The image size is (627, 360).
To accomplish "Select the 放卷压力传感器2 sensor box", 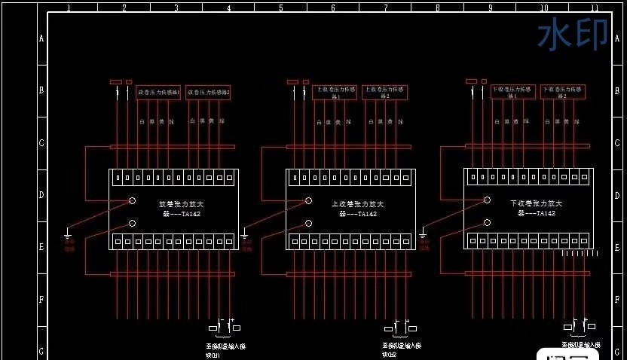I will point(208,93).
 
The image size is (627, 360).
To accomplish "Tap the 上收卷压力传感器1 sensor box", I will point(335,93).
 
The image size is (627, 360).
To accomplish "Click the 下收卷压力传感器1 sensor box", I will point(513,93).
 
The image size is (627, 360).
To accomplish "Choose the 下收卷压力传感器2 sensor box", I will point(563,93).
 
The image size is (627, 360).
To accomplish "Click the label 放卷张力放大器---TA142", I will point(181,209).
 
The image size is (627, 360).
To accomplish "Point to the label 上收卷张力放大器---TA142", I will point(357,209).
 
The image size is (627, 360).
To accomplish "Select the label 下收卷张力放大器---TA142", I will point(536,209).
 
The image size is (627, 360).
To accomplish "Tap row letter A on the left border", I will point(41,38).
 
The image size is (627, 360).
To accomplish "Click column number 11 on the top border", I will point(594,8).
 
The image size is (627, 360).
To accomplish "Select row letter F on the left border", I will point(41,299).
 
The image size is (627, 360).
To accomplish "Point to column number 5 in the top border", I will point(280,8).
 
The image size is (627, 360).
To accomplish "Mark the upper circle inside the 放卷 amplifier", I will point(132,200).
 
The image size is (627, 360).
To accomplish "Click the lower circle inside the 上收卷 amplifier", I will point(308,223).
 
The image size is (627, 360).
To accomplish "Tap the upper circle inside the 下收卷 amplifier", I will point(486,200).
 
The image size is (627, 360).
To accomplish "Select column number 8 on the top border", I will point(437,8).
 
